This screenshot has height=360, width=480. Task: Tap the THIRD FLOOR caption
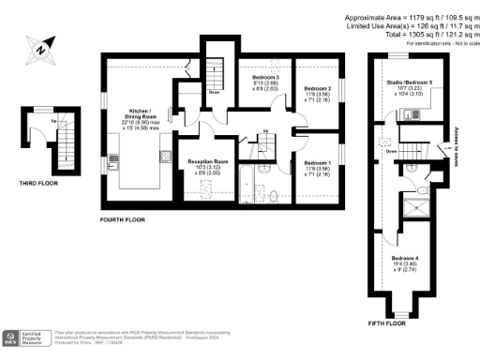click(x=37, y=184)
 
